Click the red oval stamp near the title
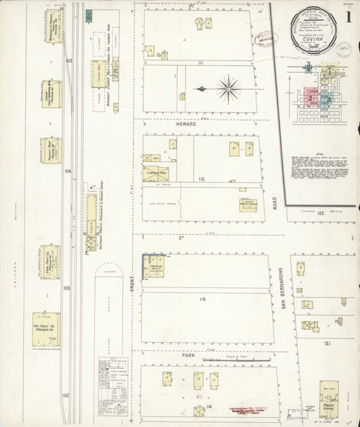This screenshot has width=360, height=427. [269, 39]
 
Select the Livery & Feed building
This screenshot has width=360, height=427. [156, 173]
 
